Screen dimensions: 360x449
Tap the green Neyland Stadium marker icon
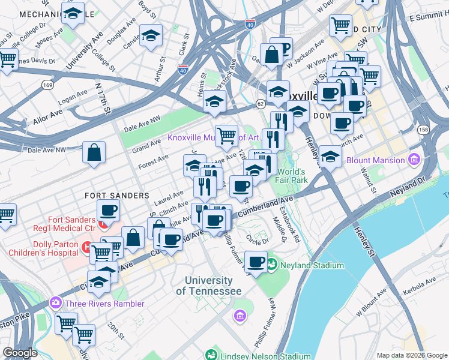272,264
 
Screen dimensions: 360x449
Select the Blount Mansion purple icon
413,160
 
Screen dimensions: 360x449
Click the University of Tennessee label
208,286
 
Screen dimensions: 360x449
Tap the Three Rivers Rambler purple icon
56,302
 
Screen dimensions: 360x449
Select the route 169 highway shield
46,86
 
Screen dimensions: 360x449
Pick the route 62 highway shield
260,103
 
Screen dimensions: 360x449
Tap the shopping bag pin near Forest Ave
95,152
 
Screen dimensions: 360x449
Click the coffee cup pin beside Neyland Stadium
256,262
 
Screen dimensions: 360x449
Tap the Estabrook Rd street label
290,224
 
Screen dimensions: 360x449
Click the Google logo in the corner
20,353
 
